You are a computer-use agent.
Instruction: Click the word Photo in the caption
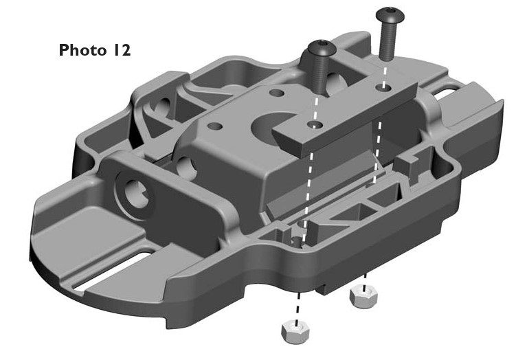click(x=82, y=50)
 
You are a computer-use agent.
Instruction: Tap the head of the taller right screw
click(x=390, y=15)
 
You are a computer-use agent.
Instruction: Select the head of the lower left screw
click(x=322, y=48)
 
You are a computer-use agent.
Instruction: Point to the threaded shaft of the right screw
click(x=387, y=41)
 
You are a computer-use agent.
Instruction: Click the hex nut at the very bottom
click(x=295, y=332)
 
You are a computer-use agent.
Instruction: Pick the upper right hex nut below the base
click(x=363, y=297)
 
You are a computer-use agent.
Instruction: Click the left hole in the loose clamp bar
click(x=315, y=125)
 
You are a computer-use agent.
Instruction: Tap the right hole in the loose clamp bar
click(x=383, y=87)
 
